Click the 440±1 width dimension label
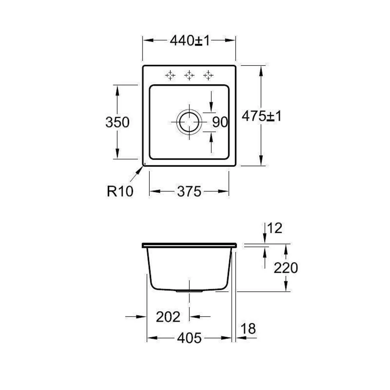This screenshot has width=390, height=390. [190, 40]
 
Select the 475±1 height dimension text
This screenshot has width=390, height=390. [262, 116]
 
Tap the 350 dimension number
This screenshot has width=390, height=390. [117, 122]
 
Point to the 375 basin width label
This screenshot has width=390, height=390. [189, 191]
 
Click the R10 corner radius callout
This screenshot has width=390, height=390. [120, 191]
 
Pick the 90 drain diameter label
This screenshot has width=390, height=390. [220, 122]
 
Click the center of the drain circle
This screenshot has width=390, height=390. [189, 122]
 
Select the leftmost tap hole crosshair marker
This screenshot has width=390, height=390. [170, 75]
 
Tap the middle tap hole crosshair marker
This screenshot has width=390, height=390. [189, 75]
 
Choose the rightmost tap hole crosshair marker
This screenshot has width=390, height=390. [208, 75]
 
